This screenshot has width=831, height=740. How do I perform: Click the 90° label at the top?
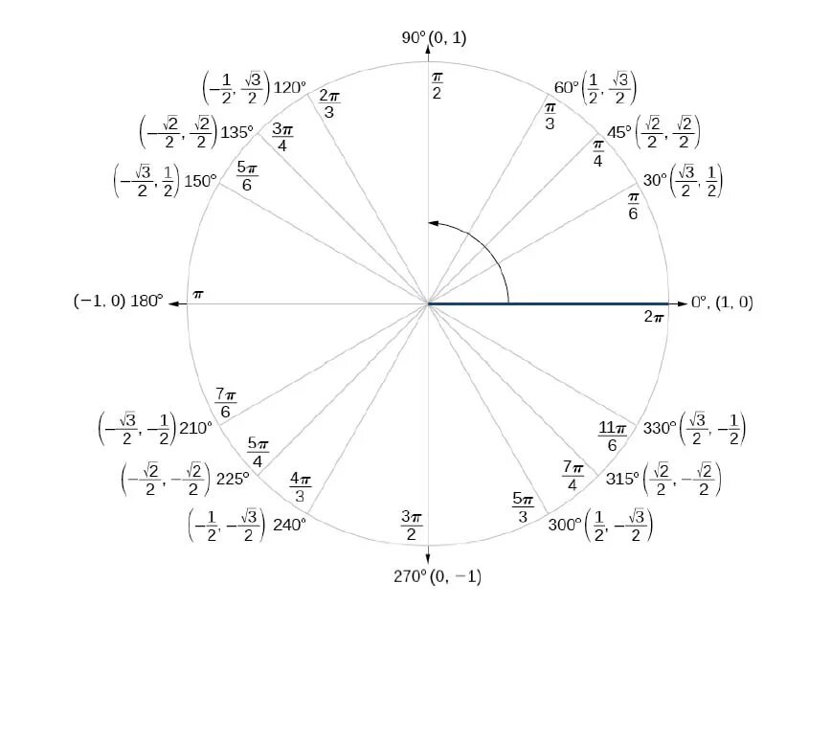(414, 37)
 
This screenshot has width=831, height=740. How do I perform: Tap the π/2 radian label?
(437, 84)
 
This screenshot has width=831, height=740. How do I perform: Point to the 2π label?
(655, 315)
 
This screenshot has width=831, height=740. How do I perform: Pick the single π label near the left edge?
(198, 294)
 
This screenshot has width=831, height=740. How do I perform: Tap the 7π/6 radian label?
(225, 402)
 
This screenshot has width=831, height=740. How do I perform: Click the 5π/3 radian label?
(523, 507)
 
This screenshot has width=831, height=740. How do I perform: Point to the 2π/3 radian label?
(328, 102)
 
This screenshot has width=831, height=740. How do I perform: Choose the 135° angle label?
(236, 132)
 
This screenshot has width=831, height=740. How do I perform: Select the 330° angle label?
(659, 428)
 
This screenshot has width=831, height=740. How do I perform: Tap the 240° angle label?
(289, 524)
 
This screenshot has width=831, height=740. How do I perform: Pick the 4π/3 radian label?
(301, 486)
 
